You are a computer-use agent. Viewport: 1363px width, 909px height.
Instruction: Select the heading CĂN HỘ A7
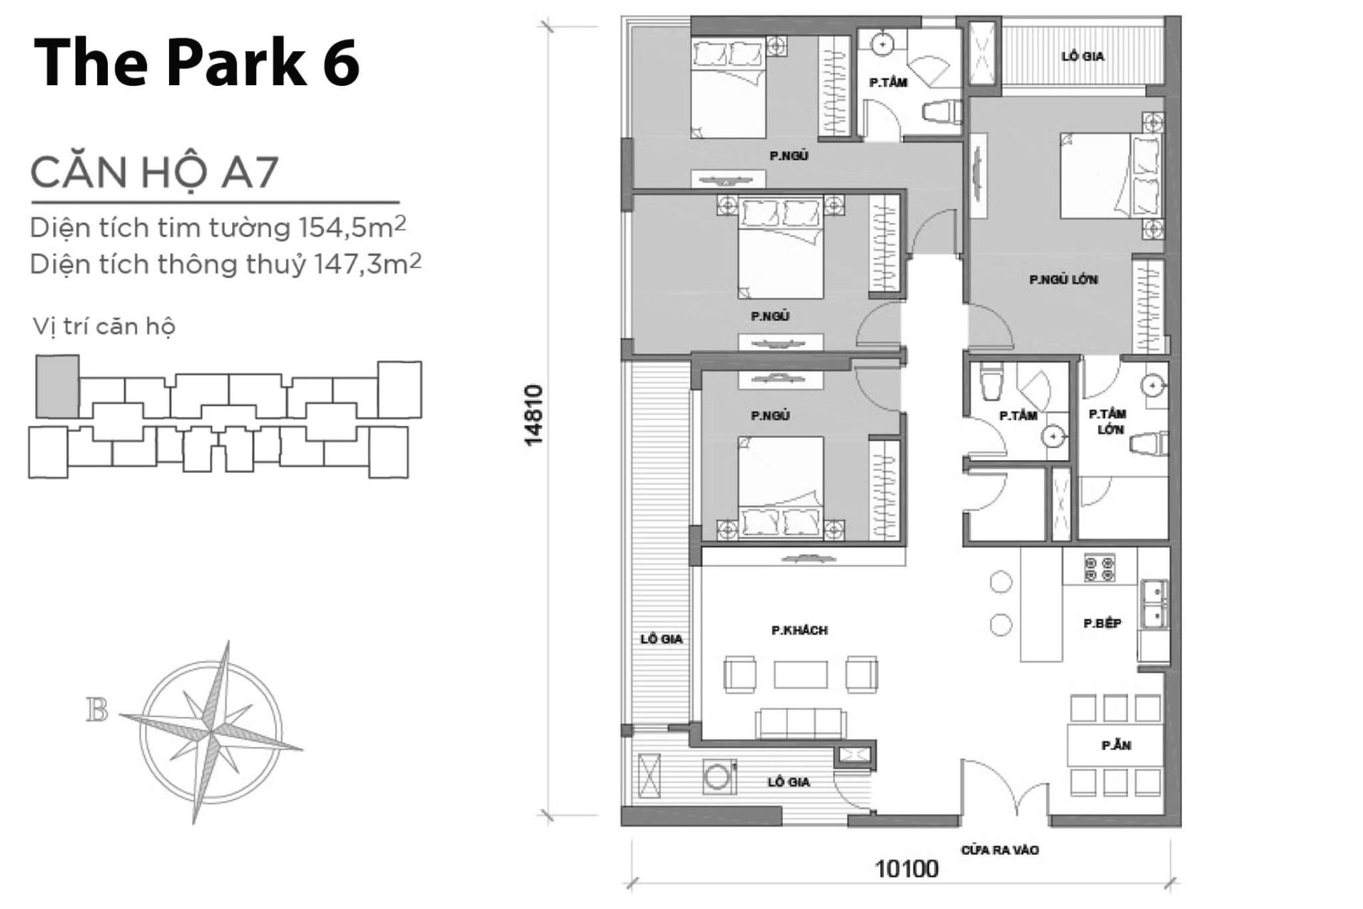coord(154,173)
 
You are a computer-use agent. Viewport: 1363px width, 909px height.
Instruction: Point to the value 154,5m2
coord(352,227)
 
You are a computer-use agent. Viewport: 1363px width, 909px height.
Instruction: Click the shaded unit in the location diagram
coord(58,387)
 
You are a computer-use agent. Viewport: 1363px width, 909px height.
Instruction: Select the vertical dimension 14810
coord(534,415)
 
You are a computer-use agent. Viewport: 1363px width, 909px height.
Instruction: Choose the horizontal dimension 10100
coord(907,868)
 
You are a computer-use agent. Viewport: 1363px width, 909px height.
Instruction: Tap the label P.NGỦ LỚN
coord(1063,280)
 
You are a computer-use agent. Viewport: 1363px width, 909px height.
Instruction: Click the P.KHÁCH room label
coord(799,630)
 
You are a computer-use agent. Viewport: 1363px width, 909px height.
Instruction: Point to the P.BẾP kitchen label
coord(1102,624)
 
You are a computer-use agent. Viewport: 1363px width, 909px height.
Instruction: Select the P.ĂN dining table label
coord(1116,745)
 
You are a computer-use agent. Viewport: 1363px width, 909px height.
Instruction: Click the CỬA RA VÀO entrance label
coord(1000,850)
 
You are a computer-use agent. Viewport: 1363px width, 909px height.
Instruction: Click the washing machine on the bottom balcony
coord(719,777)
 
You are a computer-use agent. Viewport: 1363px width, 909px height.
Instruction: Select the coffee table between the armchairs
coord(801,675)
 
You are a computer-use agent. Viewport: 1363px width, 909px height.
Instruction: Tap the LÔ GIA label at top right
coord(1083,56)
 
